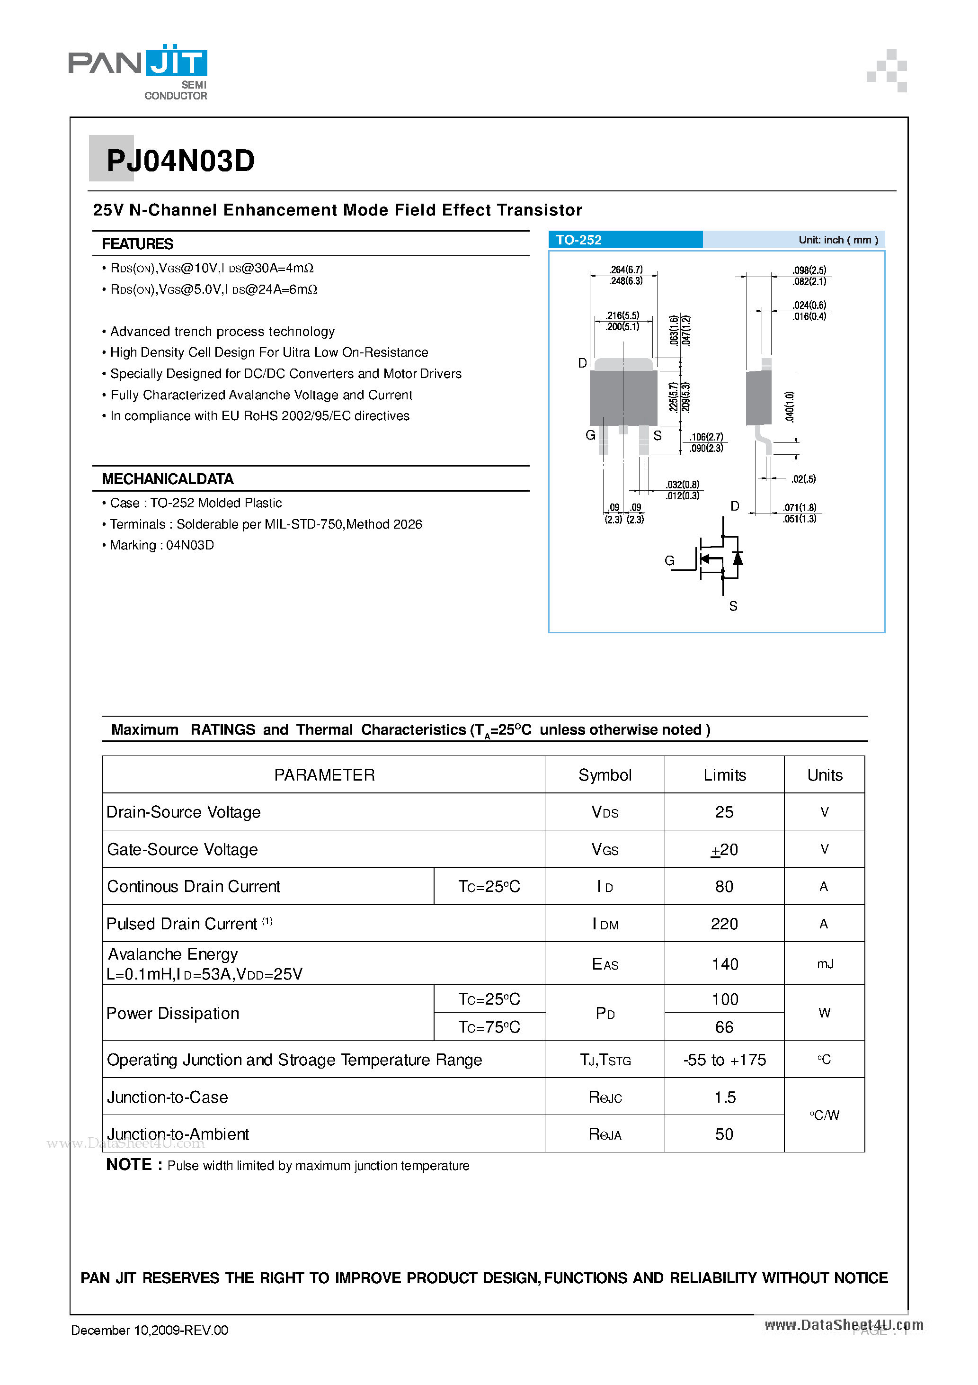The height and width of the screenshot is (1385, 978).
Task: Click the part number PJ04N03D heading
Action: click(x=180, y=161)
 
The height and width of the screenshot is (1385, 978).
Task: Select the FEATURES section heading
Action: click(x=137, y=244)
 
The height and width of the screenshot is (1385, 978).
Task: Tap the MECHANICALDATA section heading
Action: click(x=167, y=478)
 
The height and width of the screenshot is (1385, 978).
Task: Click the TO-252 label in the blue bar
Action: click(x=578, y=240)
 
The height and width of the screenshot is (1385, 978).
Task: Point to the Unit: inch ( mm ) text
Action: click(x=837, y=240)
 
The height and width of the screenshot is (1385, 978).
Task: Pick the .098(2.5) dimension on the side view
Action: click(x=809, y=270)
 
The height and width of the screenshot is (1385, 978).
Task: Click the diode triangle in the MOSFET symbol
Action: click(x=737, y=558)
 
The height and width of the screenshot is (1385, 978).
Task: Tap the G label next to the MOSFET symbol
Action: click(x=669, y=560)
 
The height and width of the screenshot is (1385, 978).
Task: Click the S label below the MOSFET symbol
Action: click(x=733, y=606)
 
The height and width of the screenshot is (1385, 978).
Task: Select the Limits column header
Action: click(x=724, y=774)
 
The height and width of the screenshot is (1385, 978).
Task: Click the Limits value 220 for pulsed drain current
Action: click(x=724, y=924)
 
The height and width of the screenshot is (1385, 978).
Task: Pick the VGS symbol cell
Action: click(x=605, y=849)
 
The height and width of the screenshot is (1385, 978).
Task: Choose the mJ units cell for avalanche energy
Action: click(x=824, y=964)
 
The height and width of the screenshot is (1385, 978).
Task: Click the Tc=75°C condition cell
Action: click(x=489, y=1027)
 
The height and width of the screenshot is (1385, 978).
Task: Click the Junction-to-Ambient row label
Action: click(x=178, y=1133)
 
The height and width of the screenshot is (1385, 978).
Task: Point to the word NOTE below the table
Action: click(x=128, y=1164)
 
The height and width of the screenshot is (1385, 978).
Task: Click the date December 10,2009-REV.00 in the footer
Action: click(x=150, y=1330)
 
